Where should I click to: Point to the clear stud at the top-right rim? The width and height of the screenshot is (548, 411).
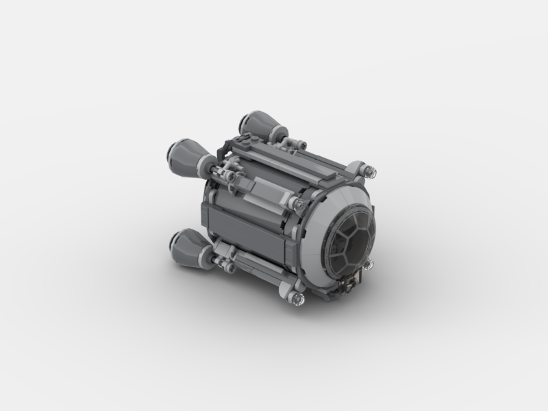coord(370,169)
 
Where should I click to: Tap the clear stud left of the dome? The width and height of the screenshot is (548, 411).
coord(297,204)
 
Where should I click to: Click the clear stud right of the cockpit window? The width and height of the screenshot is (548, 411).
coord(369,263)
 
